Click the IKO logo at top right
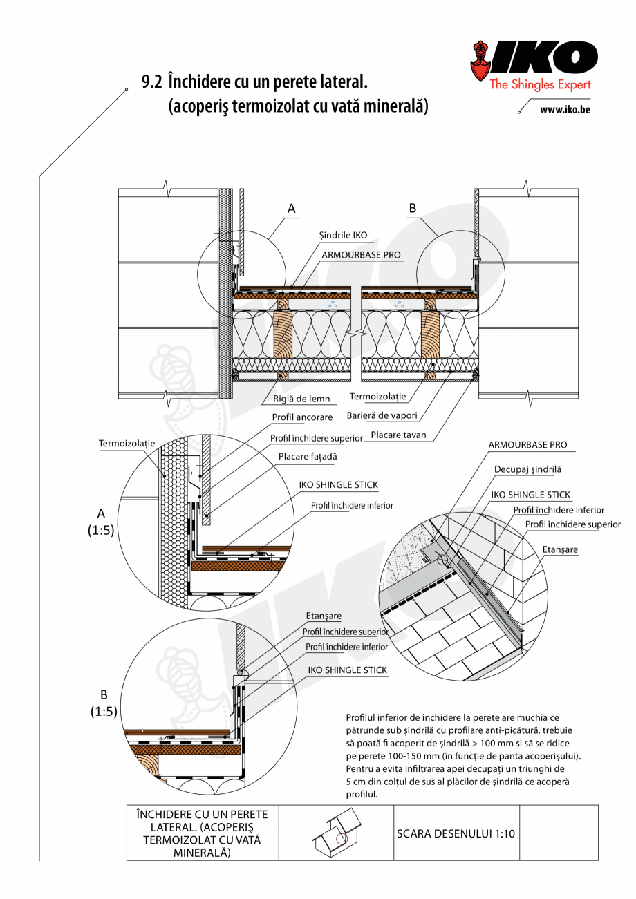(532, 59)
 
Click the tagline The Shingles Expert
(540, 85)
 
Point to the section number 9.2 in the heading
(151, 82)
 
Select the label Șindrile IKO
(343, 235)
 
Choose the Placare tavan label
(397, 435)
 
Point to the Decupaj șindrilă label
(527, 469)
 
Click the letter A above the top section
(291, 207)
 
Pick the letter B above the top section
(413, 207)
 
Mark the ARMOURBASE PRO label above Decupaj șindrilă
(527, 446)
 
